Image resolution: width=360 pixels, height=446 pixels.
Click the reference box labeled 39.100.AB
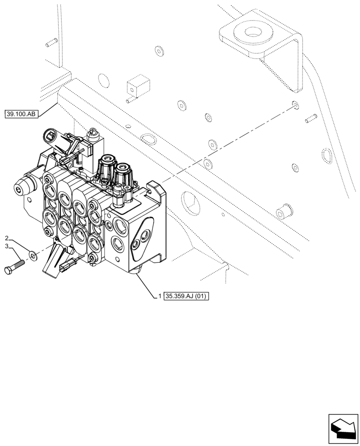[21, 114]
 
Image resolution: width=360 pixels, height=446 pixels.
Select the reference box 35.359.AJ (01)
[186, 296]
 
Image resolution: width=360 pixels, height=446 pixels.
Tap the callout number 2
[7, 237]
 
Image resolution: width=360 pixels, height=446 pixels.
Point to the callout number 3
[7, 246]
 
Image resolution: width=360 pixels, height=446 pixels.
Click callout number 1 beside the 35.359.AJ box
[160, 296]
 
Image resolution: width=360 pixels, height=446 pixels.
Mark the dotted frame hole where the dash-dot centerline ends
[294, 105]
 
